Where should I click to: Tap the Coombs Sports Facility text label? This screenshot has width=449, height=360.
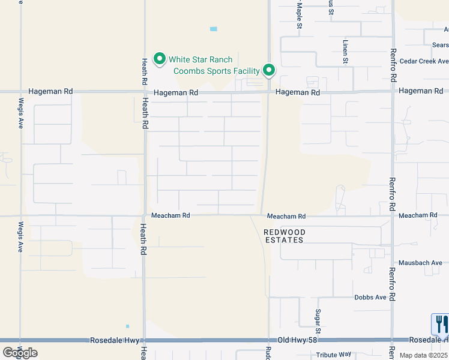(x=216, y=71)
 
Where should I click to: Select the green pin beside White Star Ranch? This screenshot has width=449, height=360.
(x=160, y=59)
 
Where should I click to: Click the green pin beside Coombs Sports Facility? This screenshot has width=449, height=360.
(x=270, y=71)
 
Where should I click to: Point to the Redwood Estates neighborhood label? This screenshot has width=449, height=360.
(x=285, y=236)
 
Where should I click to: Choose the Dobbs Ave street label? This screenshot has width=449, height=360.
(x=370, y=298)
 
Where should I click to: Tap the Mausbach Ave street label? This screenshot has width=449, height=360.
(x=423, y=263)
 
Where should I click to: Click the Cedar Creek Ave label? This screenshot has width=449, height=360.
(x=424, y=61)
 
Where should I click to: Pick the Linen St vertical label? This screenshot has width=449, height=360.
(x=346, y=52)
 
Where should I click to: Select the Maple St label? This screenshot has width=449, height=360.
(x=299, y=13)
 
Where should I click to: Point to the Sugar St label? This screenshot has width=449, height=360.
(x=318, y=322)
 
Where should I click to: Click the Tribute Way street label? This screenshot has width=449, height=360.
(x=334, y=355)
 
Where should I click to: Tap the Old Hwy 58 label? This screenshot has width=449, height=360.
(x=292, y=340)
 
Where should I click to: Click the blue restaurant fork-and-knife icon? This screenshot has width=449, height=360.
(x=440, y=324)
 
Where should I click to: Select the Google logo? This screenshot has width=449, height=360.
(x=19, y=353)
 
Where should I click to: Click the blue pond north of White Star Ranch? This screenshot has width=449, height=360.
(x=214, y=29)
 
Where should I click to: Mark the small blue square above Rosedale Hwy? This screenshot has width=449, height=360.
(x=127, y=326)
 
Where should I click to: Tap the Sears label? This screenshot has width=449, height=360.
(x=440, y=44)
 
